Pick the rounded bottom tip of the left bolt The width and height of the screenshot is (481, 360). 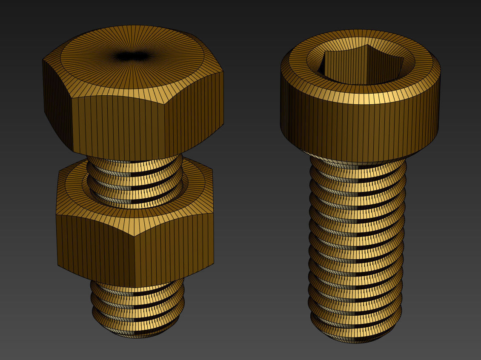pyautogui.click(x=137, y=334)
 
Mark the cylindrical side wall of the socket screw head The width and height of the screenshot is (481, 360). pyautogui.click(x=360, y=126)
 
